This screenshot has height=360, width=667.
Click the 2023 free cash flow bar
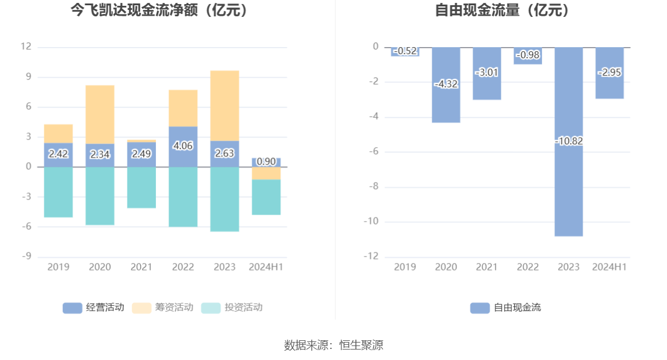(568, 186)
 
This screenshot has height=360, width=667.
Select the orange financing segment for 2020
(100, 114)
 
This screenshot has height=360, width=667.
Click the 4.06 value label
(183, 146)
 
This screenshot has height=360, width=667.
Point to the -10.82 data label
(568, 141)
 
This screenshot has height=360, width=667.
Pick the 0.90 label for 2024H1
(266, 161)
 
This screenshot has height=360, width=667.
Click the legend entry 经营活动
(94, 308)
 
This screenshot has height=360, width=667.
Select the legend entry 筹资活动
(163, 308)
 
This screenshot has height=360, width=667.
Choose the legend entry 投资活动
(232, 308)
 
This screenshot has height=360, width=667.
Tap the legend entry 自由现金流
(505, 308)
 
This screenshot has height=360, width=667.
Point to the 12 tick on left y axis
(26, 47)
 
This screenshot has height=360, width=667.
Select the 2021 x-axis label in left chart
(141, 267)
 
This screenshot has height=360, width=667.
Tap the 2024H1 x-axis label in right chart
(609, 267)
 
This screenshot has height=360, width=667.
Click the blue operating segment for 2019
(58, 155)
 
